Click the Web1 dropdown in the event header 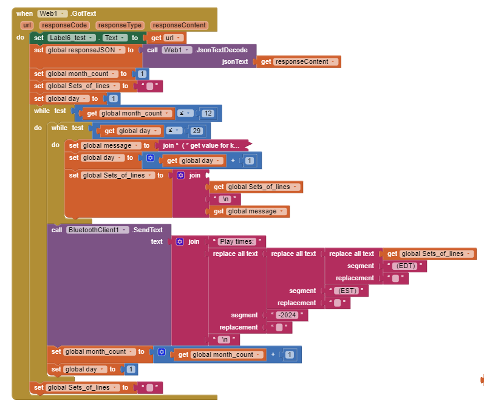(x=52, y=13)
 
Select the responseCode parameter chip (x=65, y=26)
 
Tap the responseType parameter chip (x=119, y=26)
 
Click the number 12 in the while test (x=208, y=113)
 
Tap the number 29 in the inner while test (x=196, y=131)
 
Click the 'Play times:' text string (x=237, y=242)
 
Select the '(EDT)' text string (x=406, y=266)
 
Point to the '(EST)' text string (x=347, y=291)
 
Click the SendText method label (x=148, y=230)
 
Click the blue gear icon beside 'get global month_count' (x=161, y=352)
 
